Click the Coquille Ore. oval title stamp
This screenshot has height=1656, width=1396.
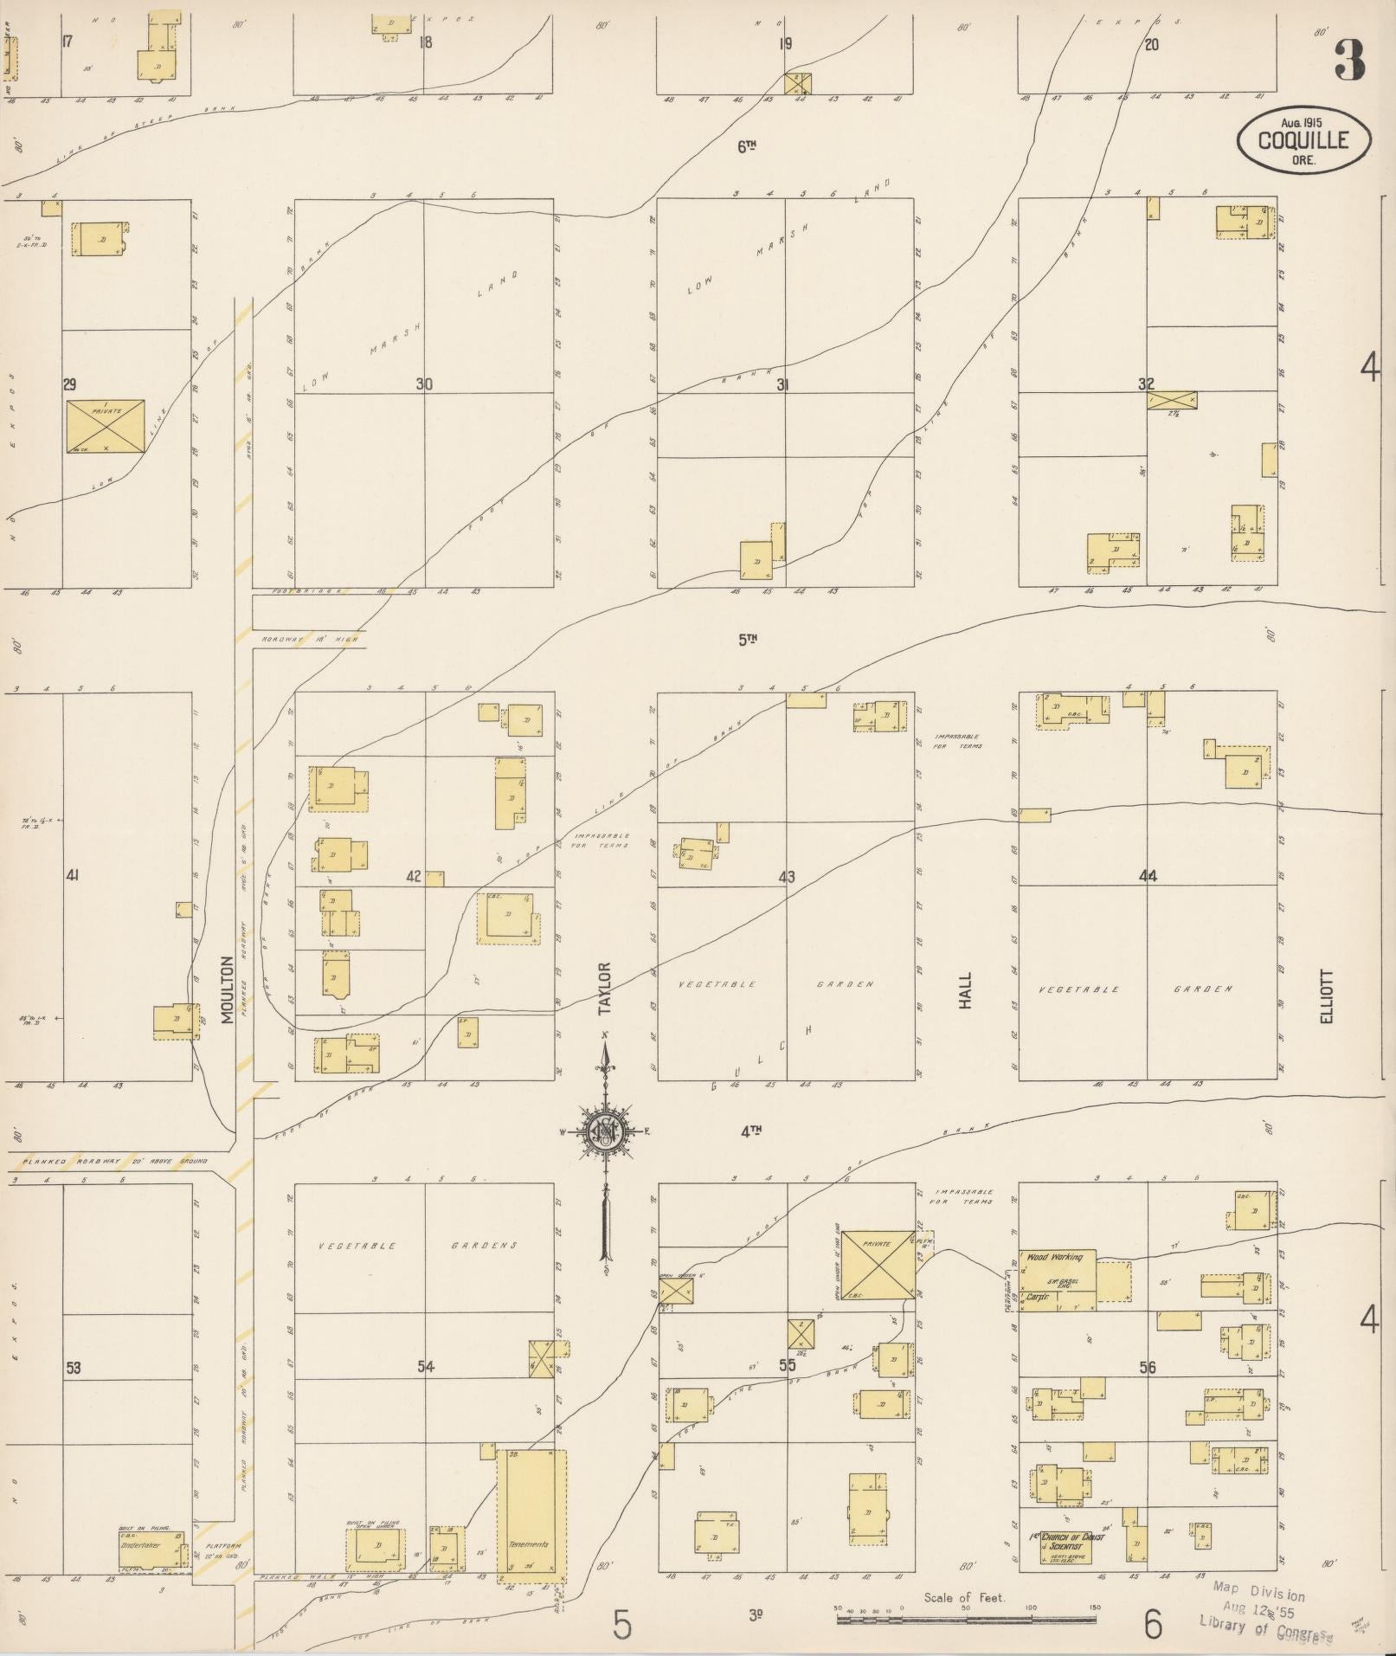[x=1303, y=138]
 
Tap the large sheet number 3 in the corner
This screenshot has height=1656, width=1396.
[x=1349, y=59]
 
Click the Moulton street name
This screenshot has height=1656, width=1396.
[x=228, y=989]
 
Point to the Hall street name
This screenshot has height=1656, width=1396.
[x=965, y=989]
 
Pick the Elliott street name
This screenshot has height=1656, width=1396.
[x=1327, y=996]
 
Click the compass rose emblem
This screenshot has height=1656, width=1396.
[x=604, y=1130]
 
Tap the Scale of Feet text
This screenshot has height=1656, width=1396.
[x=964, y=1597]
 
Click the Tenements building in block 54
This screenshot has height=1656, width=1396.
[x=531, y=1517]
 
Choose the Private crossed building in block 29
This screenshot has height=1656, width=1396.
[x=106, y=426]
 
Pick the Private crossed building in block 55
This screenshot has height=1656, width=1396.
[x=877, y=1265]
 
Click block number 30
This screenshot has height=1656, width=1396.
[x=423, y=384]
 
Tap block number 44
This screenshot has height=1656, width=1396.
[x=1148, y=876]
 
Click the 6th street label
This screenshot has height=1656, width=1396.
[x=748, y=147]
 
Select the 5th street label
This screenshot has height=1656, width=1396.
[x=748, y=640]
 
